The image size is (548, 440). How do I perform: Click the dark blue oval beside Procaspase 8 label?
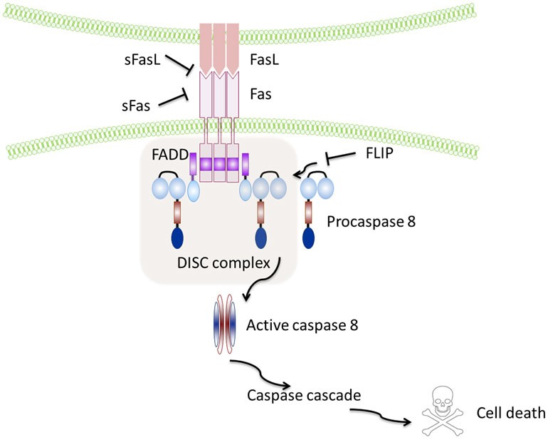(x=309, y=237)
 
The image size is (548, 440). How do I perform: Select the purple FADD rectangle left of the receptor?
(x=193, y=165)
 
